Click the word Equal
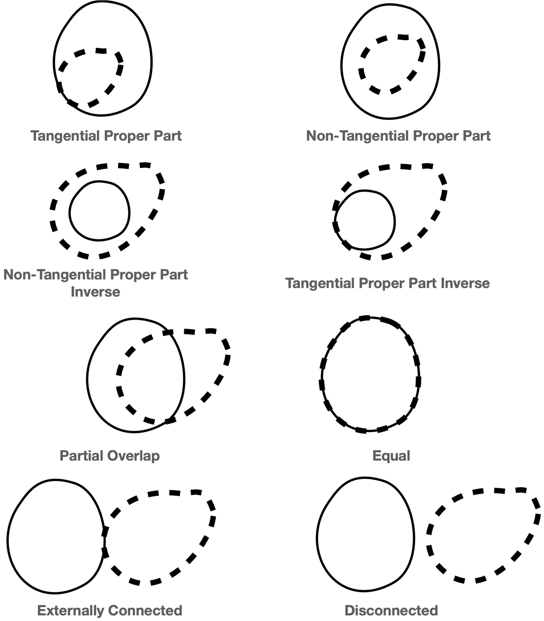(x=391, y=455)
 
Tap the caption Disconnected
(x=391, y=610)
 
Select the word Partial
(x=82, y=455)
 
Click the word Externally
(x=71, y=610)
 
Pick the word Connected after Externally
(x=145, y=610)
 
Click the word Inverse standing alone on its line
(x=95, y=292)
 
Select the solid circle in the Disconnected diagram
(x=365, y=534)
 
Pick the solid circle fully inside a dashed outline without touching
(x=99, y=211)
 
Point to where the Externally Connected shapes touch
(x=104, y=542)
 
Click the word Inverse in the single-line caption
(x=464, y=283)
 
